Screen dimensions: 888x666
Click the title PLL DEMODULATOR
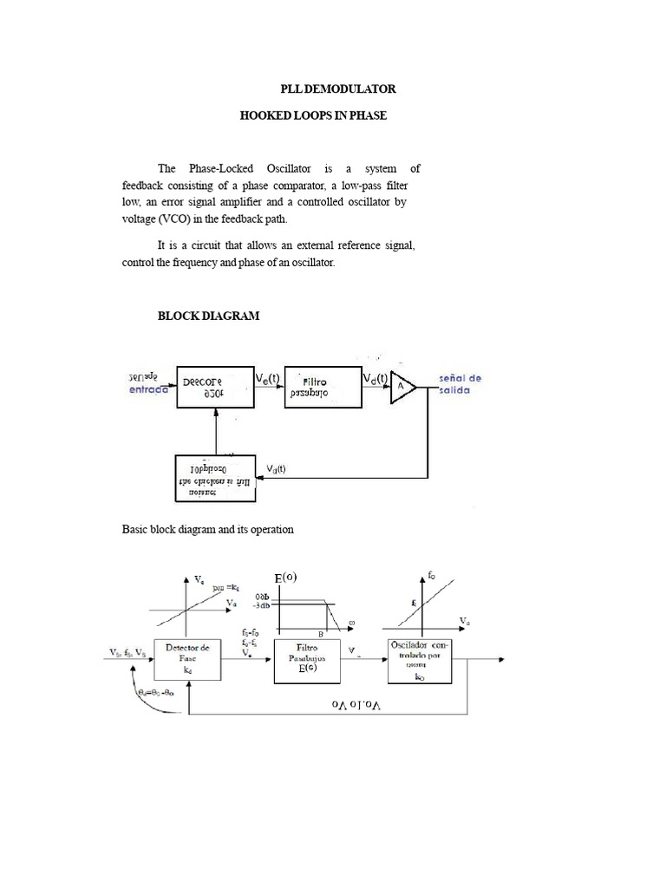[338, 89]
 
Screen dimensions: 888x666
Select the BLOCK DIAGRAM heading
[208, 317]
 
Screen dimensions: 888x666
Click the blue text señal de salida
[460, 384]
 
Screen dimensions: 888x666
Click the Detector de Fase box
[187, 660]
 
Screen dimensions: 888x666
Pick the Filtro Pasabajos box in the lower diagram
[306, 660]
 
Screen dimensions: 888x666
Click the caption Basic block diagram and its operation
[207, 529]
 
